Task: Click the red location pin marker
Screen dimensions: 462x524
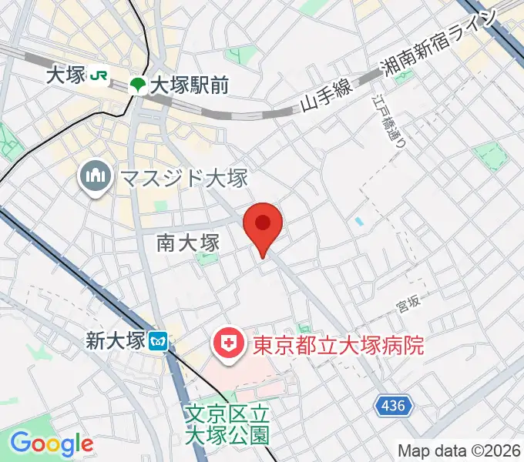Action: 263,226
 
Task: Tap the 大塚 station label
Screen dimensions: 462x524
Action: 65,75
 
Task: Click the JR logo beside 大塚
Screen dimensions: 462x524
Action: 98,75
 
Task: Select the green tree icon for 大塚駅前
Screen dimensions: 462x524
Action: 138,85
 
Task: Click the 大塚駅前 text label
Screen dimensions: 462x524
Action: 189,85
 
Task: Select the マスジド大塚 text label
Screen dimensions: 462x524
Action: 183,179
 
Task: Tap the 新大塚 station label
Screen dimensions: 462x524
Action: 115,340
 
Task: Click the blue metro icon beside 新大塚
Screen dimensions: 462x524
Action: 160,340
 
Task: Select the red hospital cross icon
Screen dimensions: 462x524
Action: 229,344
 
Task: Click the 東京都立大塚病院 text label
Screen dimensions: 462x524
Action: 338,344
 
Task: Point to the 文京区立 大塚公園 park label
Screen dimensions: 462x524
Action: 227,424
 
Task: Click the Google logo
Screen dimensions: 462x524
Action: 52,444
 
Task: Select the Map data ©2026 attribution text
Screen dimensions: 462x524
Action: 458,450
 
